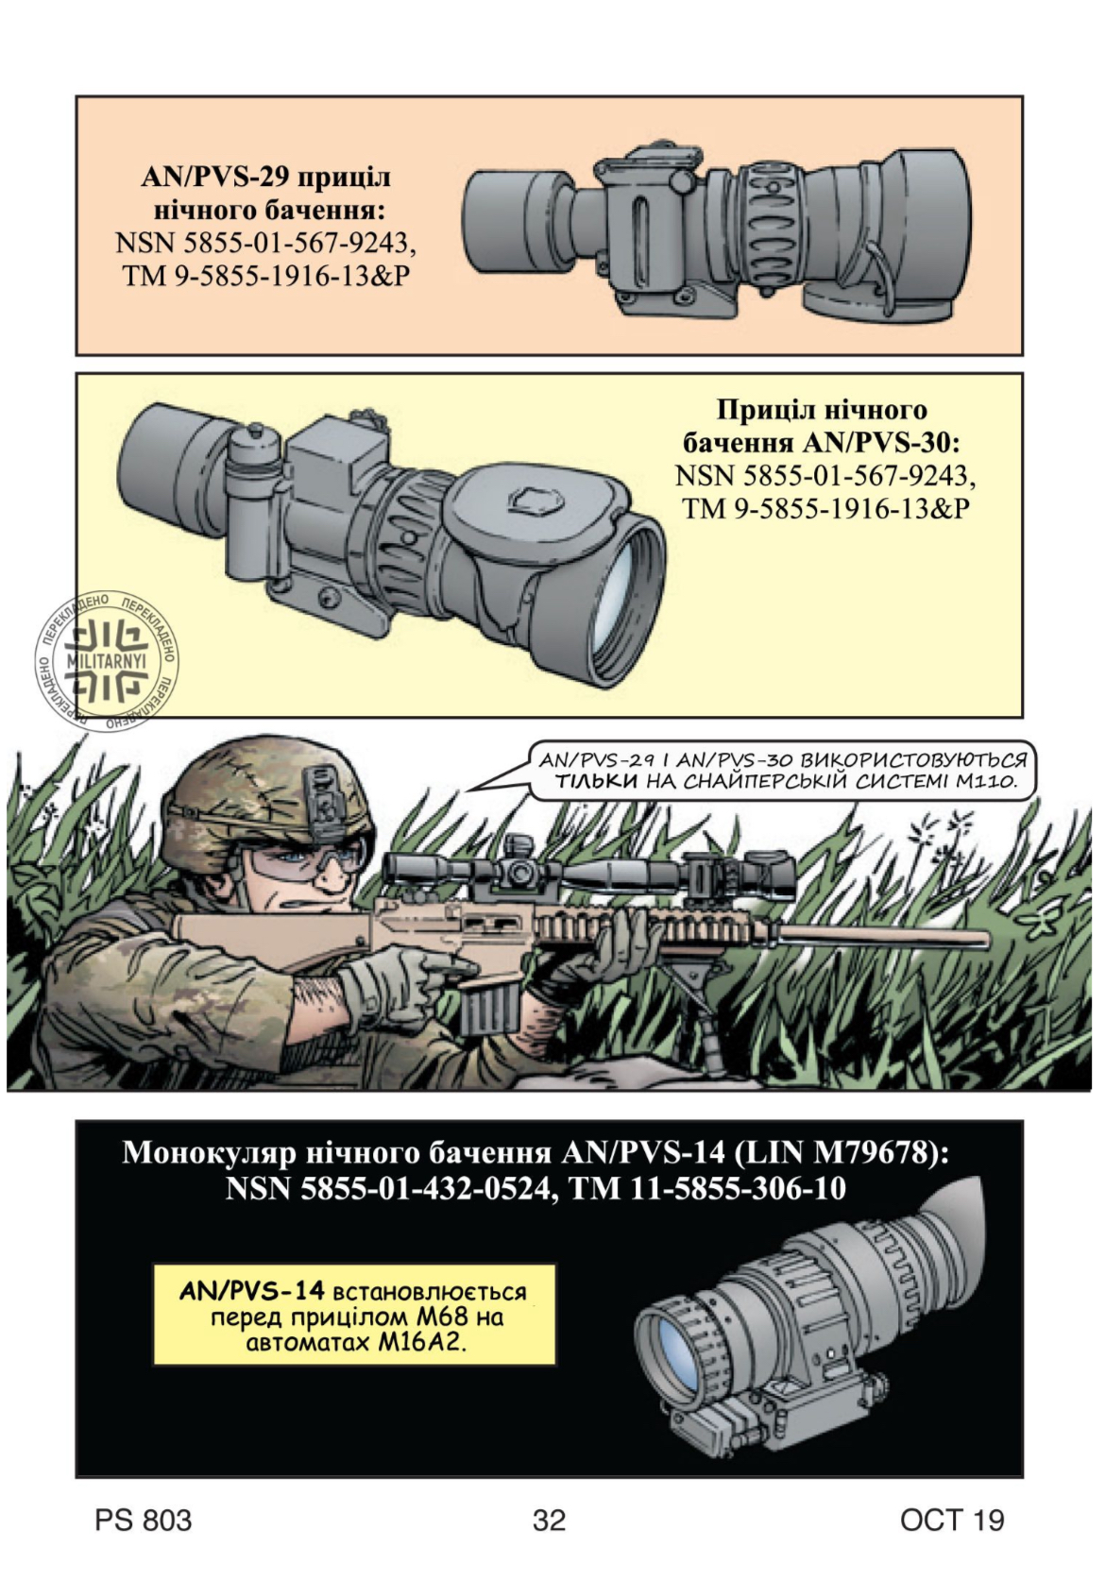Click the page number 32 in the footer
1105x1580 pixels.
[x=550, y=1520]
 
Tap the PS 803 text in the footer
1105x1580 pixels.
[x=144, y=1520]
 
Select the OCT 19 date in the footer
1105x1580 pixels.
[x=952, y=1520]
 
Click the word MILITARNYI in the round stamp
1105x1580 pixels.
[x=106, y=662]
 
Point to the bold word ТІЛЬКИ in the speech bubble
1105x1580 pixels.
[x=596, y=782]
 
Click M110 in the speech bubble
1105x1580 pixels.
[x=987, y=782]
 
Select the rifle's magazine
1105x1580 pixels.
[x=491, y=1004]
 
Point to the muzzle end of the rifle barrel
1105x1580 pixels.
[x=986, y=938]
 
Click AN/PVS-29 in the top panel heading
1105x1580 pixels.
[x=214, y=177]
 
